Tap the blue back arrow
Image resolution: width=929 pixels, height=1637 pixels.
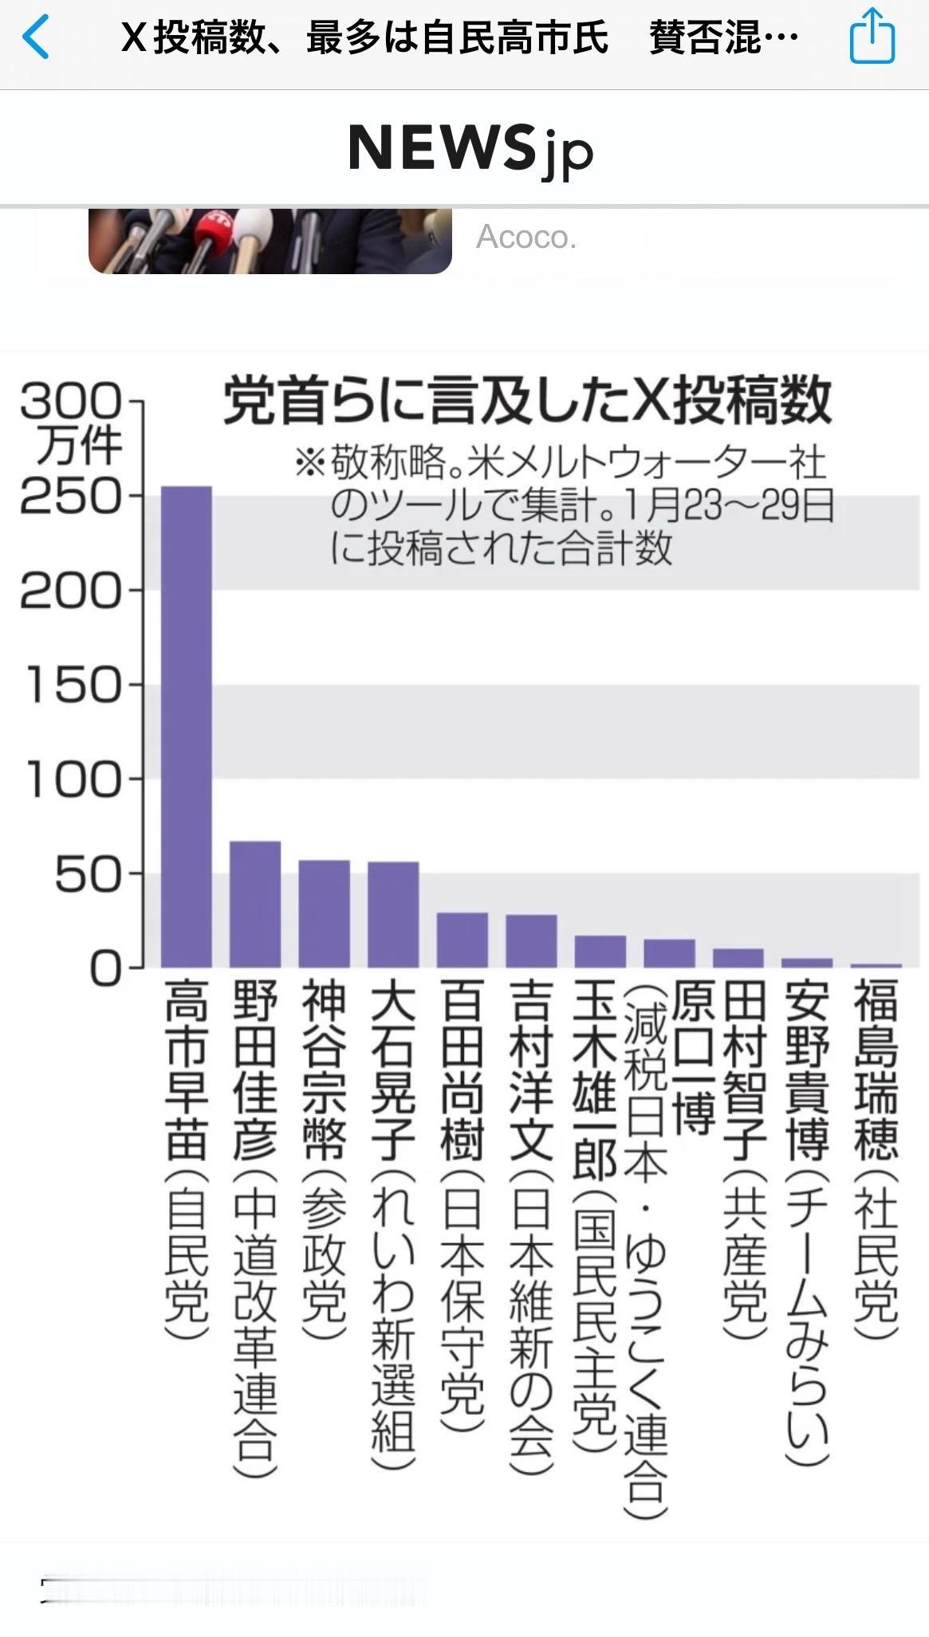point(36,37)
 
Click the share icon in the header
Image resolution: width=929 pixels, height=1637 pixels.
point(872,36)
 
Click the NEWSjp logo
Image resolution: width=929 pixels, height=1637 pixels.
point(470,149)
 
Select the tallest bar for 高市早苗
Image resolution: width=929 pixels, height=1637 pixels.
point(187,725)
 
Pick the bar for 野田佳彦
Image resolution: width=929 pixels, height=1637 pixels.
point(255,904)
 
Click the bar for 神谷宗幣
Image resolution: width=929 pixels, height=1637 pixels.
point(324,913)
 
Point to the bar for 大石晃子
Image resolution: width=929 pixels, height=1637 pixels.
point(393,914)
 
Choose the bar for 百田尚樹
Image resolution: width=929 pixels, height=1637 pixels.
point(462,940)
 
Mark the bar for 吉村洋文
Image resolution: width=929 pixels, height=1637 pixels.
point(531,940)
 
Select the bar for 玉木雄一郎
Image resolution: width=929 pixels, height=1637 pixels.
point(600,951)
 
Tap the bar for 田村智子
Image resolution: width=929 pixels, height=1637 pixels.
point(738,957)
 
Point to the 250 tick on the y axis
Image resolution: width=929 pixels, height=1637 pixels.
point(72,497)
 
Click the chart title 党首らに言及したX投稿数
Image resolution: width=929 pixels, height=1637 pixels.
point(526,401)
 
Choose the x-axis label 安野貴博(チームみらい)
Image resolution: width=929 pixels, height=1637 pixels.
point(807,1223)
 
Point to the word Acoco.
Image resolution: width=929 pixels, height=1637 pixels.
point(526,237)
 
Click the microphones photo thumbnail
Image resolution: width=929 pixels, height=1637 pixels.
point(270,241)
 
